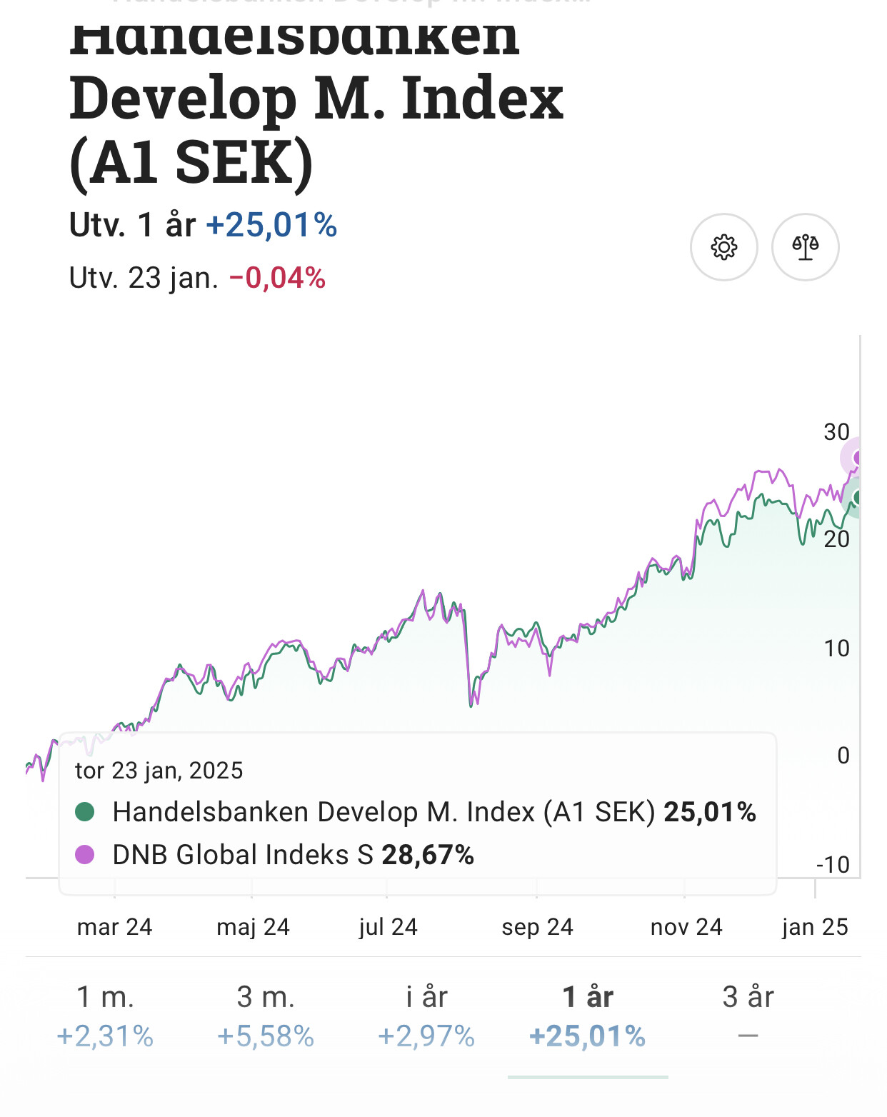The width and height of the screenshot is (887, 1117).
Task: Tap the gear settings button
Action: [723, 247]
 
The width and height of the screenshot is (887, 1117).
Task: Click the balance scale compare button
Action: [805, 247]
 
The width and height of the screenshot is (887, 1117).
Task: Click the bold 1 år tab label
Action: [587, 997]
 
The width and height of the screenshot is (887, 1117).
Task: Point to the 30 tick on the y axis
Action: [836, 432]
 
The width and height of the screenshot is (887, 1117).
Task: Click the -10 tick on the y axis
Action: [833, 865]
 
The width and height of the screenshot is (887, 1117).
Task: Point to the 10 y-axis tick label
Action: [836, 648]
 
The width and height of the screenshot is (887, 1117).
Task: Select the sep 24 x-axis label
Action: [537, 927]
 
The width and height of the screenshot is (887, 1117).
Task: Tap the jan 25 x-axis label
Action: [815, 927]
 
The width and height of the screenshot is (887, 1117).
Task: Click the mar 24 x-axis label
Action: [114, 927]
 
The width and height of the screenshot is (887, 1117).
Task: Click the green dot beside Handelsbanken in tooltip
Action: [85, 812]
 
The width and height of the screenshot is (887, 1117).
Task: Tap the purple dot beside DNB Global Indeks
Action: [85, 854]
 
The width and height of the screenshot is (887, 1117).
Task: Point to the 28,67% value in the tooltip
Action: [428, 855]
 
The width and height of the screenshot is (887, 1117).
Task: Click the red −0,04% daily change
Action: [277, 278]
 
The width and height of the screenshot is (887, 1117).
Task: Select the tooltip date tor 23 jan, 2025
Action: [159, 771]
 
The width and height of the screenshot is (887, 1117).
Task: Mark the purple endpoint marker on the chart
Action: [858, 458]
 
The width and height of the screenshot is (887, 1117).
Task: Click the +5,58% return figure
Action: [266, 1036]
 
